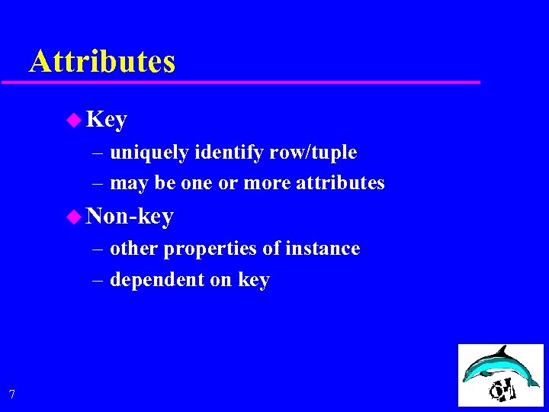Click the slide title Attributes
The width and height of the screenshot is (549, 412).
102,61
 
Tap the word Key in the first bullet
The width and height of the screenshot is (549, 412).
107,120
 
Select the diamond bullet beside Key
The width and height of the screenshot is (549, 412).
73,119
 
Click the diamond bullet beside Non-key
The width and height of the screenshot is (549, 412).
73,217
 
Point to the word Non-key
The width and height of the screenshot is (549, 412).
130,217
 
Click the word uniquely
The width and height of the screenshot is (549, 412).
149,153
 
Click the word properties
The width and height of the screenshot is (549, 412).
201,249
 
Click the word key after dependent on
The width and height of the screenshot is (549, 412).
253,280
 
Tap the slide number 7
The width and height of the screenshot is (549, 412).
11,394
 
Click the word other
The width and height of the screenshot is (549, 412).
134,249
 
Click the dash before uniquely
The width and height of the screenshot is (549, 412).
98,153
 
